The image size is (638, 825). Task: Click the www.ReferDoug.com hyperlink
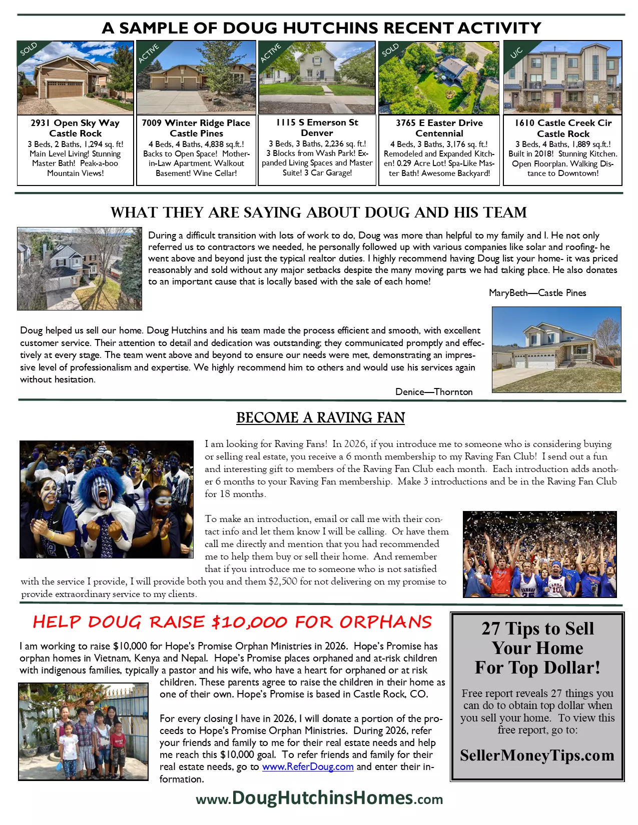308,766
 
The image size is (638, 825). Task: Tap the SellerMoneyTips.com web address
537,755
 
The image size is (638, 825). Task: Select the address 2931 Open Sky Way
75,123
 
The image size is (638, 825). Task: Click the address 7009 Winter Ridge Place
196,123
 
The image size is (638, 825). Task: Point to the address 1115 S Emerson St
317,122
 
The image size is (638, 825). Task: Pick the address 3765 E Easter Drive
439,123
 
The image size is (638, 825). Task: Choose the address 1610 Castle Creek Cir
563,123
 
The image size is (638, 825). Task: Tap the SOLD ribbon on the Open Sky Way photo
29,49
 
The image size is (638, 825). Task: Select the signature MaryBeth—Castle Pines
537,293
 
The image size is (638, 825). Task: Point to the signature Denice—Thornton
434,392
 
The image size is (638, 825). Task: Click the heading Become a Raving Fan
320,418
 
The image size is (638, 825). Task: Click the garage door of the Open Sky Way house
65,90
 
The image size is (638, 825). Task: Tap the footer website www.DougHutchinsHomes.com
319,798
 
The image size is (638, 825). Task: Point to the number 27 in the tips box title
491,628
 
